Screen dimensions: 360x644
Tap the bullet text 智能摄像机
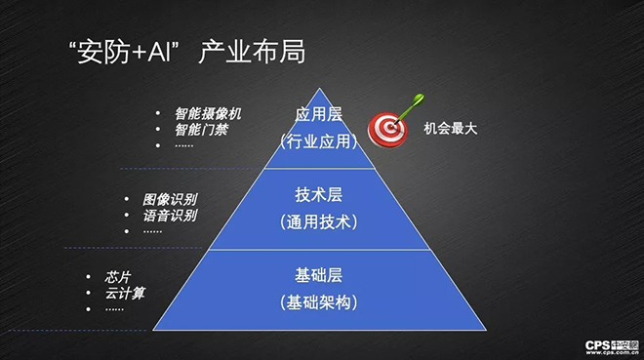[x=208, y=113]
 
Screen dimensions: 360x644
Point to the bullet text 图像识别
[x=169, y=199]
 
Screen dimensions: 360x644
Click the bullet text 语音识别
[x=169, y=216]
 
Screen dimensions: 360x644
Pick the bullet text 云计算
[x=125, y=293]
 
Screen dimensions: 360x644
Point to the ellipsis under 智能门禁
[x=184, y=144]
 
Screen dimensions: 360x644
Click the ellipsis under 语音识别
[x=152, y=231]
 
